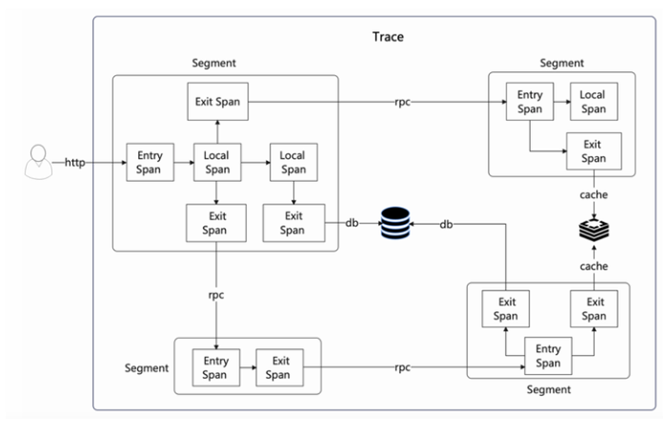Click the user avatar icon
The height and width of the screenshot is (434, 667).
(x=38, y=161)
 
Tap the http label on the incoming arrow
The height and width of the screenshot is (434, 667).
(x=75, y=163)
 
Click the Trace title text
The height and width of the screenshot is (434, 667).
(x=388, y=37)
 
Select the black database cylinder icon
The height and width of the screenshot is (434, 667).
(x=394, y=223)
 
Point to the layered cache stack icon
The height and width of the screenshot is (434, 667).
(x=593, y=230)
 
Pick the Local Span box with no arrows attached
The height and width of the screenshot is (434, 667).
(x=592, y=102)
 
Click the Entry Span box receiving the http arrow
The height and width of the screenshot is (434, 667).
(x=149, y=163)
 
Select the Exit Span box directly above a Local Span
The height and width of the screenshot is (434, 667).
(x=217, y=102)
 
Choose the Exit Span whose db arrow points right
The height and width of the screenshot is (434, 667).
(x=293, y=223)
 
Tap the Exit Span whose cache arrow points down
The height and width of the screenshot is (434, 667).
(x=593, y=151)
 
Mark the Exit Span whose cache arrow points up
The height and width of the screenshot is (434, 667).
(x=594, y=309)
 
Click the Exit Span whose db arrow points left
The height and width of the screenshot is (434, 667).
(x=505, y=309)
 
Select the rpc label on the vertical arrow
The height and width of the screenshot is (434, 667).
(x=216, y=295)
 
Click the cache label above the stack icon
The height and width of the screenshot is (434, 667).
(x=593, y=195)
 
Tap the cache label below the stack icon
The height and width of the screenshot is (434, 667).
(x=593, y=266)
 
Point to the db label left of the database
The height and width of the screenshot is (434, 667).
(x=352, y=223)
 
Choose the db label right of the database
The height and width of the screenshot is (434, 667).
(x=446, y=224)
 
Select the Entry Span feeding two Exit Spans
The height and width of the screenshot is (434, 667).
(x=548, y=355)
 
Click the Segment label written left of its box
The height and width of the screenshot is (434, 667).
(x=146, y=368)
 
